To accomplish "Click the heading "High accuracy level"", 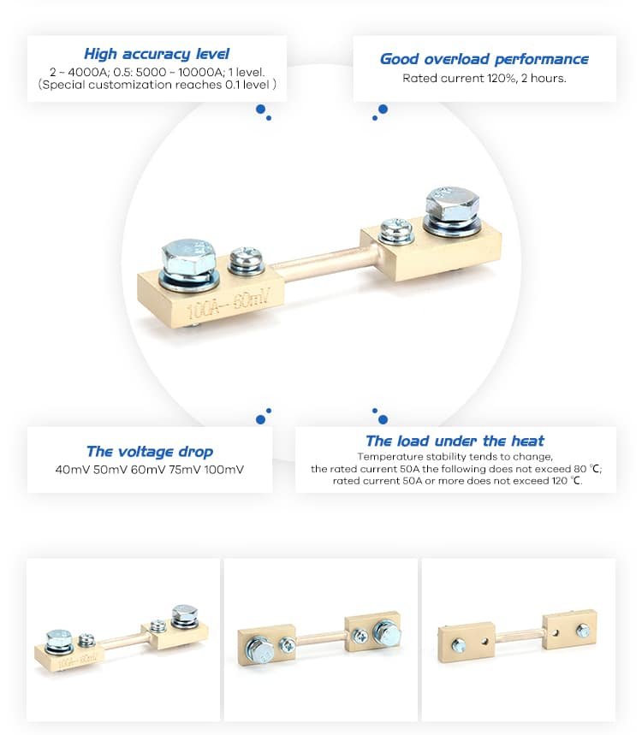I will tap(157, 54).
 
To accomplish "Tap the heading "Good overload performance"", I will tap(484, 59).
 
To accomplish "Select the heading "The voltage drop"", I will tap(150, 451).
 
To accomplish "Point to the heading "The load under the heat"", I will tap(455, 441).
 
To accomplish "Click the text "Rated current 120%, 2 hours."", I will tap(484, 79).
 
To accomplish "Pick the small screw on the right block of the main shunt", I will tap(396, 230).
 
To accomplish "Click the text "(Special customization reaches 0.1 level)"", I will tap(158, 85).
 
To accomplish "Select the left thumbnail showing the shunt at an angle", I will tap(122, 639).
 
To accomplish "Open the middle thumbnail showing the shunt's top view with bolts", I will tap(320, 639).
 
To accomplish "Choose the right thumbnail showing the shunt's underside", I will tap(518, 639).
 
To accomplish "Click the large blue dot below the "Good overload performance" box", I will tap(383, 110).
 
